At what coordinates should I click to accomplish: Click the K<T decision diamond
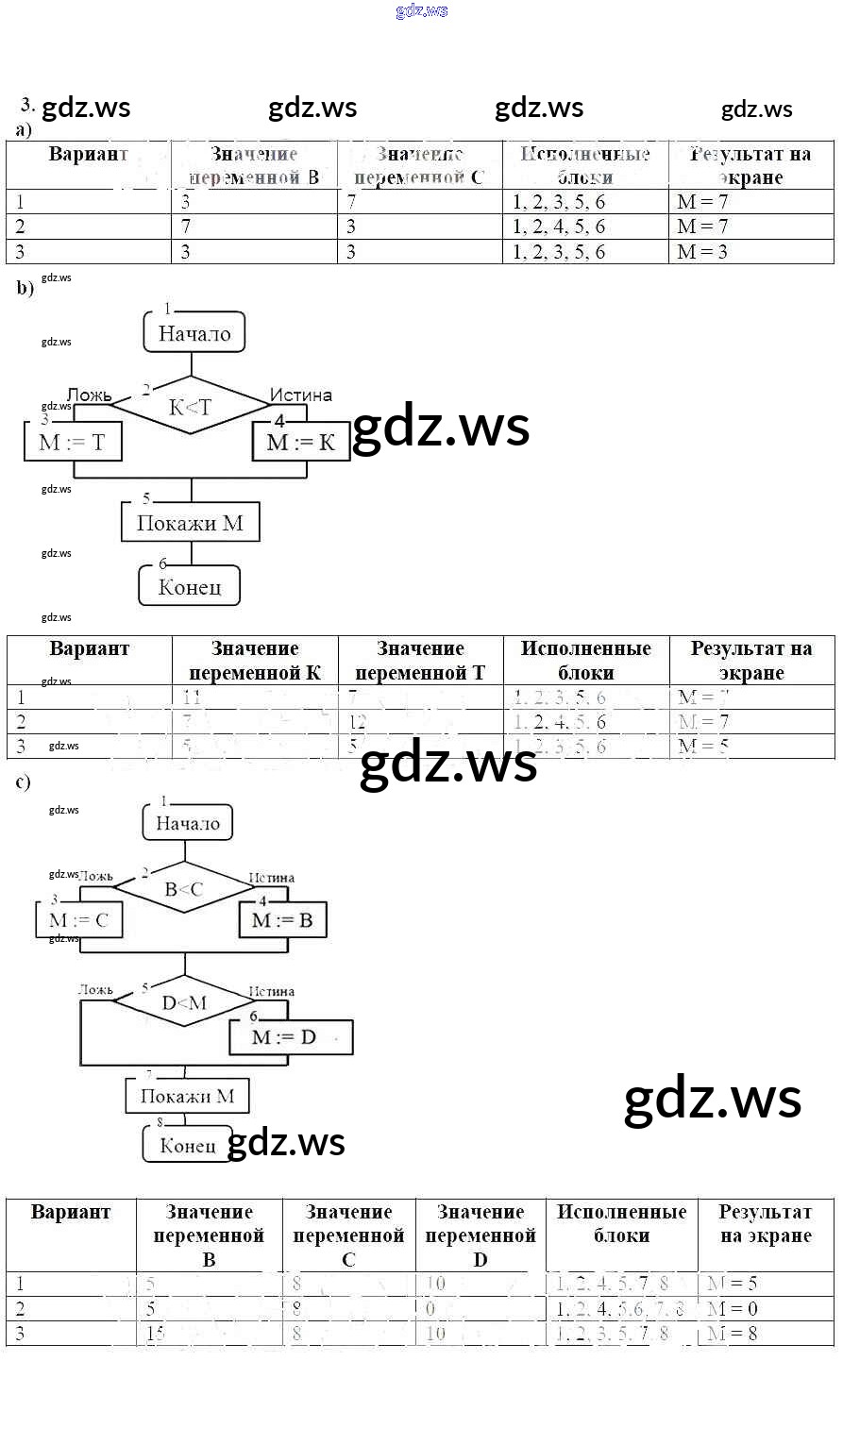point(191,407)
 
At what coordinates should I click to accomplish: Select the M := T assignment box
point(73,442)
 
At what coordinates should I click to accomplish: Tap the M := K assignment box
point(300,442)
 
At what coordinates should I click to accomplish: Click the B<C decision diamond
point(184,889)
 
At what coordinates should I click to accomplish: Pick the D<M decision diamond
point(185,1002)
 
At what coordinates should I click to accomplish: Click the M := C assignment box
point(79,920)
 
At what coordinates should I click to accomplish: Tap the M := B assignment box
point(282,920)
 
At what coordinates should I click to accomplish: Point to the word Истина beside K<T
point(301,395)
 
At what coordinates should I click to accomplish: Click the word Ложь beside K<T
point(90,395)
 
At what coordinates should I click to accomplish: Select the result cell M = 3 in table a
point(702,252)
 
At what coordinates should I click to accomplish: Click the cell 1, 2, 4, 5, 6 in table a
point(559,227)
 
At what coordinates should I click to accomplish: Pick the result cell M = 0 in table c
point(732,1309)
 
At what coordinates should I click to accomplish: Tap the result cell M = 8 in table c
point(732,1334)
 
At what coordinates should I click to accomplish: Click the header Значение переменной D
point(481,1235)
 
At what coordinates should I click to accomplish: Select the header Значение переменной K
point(255,661)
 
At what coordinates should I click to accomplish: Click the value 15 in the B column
point(156,1334)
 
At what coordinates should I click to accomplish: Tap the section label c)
point(24,781)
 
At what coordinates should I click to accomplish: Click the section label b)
point(25,289)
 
